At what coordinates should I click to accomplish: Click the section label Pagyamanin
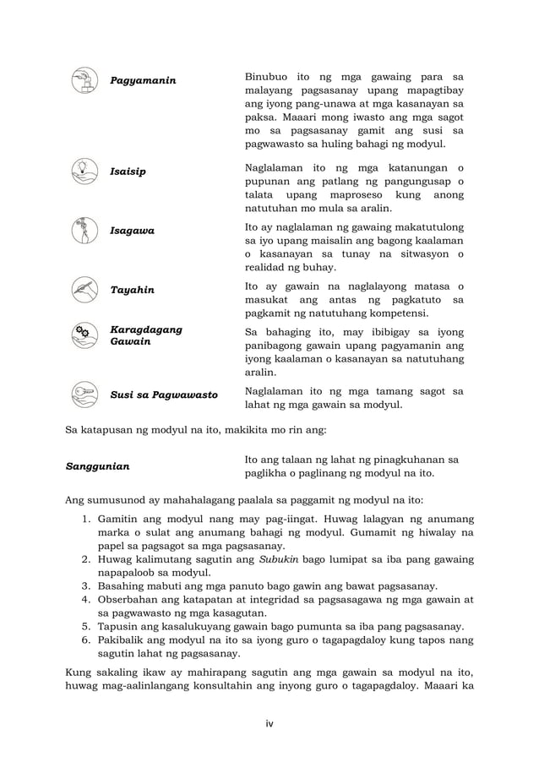pyautogui.click(x=143, y=80)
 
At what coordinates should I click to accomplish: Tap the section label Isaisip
pyautogui.click(x=128, y=171)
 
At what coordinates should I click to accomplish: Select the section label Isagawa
pyautogui.click(x=132, y=230)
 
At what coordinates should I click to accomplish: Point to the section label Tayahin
pyautogui.click(x=132, y=290)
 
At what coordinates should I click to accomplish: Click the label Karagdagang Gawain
pyautogui.click(x=147, y=335)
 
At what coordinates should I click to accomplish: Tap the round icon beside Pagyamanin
pyautogui.click(x=84, y=79)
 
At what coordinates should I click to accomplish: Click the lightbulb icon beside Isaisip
pyautogui.click(x=84, y=171)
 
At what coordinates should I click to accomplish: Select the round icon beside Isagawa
pyautogui.click(x=84, y=229)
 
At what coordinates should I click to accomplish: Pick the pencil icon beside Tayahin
pyautogui.click(x=84, y=289)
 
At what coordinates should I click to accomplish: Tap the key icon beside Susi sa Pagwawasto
pyautogui.click(x=84, y=394)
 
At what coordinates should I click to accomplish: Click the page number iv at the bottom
pyautogui.click(x=269, y=722)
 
